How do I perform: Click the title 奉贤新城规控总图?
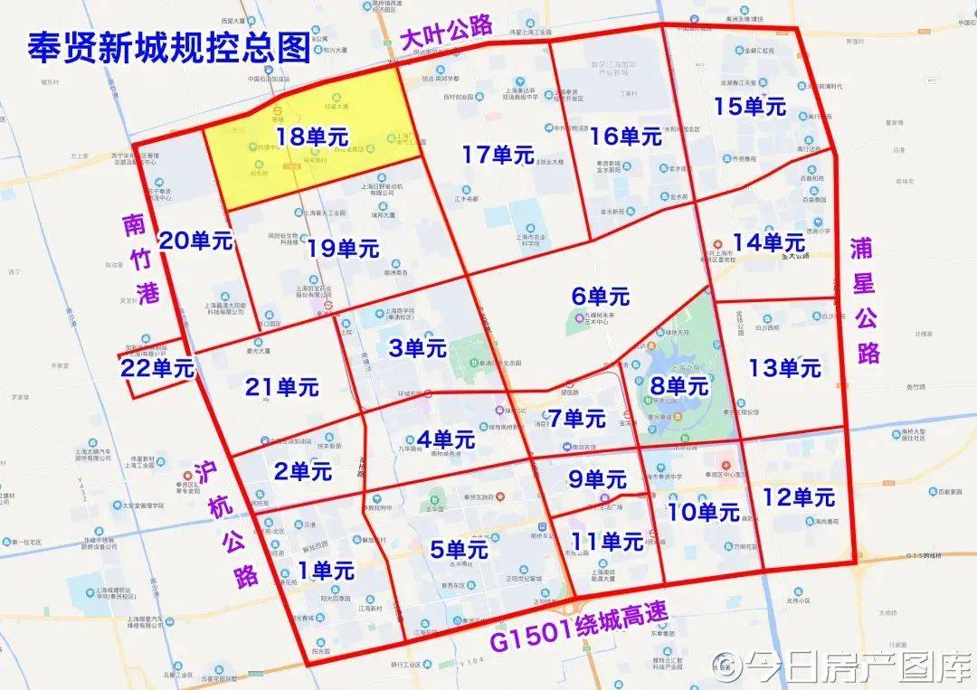[169, 46]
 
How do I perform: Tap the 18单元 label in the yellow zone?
[313, 137]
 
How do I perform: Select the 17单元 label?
[498, 155]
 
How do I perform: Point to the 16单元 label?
[626, 137]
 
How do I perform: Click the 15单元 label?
[750, 106]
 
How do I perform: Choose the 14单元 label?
[769, 242]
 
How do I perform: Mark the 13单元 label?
[784, 368]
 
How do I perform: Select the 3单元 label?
[418, 346]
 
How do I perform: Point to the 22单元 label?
[157, 368]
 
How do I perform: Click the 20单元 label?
[196, 241]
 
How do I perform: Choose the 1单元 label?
[326, 570]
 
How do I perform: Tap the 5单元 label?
[460, 549]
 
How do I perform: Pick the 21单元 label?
[282, 387]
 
